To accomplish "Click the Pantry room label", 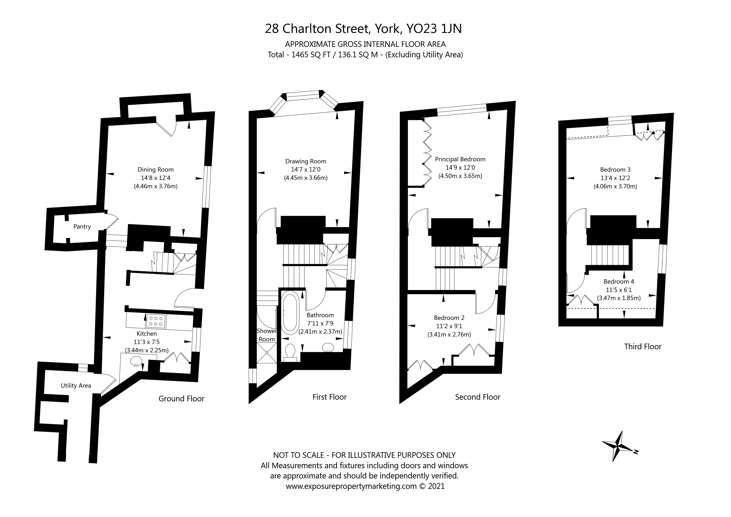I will [x=82, y=227].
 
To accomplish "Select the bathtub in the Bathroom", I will [x=289, y=314].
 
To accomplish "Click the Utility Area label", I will [x=76, y=386].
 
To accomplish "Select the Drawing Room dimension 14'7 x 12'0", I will [x=306, y=170].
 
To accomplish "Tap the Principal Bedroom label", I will [x=460, y=159].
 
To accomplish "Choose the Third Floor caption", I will [x=642, y=347].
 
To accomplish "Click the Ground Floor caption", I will [x=181, y=399].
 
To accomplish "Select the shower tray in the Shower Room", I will [x=267, y=353].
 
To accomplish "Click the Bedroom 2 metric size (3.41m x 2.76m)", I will [x=449, y=335].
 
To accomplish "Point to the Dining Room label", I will [x=155, y=170].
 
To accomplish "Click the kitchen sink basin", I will [x=136, y=361].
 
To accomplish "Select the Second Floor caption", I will [x=478, y=397].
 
